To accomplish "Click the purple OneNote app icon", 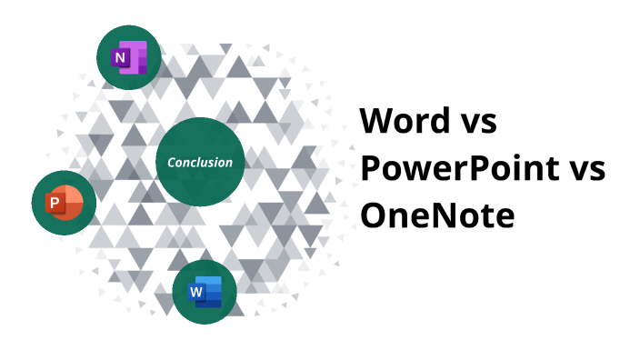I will pyautogui.click(x=129, y=58).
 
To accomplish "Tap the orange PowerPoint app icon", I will pyautogui.click(x=65, y=202).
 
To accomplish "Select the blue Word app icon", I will pyautogui.click(x=205, y=292).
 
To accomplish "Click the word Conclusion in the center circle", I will pyautogui.click(x=200, y=163).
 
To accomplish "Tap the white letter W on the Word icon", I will pyautogui.click(x=195, y=293).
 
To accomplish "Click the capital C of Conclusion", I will pyautogui.click(x=171, y=163).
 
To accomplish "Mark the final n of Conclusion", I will pyautogui.click(x=228, y=164).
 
